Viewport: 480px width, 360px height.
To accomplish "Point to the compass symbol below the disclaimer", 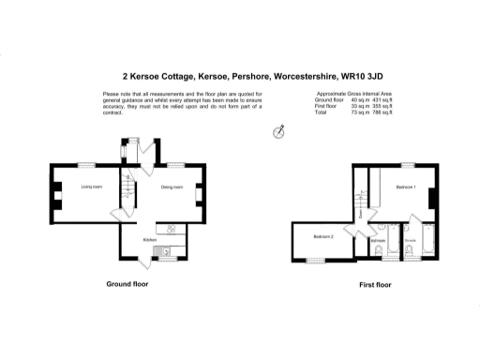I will point(277,133).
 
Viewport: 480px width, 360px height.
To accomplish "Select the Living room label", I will point(91,187).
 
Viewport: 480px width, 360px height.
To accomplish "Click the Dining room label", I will point(172,187).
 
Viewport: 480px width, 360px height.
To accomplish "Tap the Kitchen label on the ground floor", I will point(149,240).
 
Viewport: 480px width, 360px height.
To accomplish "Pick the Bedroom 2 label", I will point(324,236).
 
